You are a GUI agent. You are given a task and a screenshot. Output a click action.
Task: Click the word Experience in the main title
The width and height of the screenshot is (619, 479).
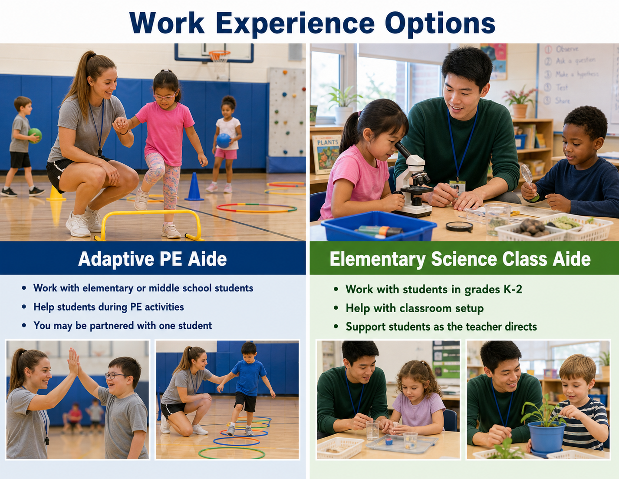pos(295,24)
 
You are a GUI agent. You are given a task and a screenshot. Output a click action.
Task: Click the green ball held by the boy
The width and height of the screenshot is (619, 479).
pos(35,135)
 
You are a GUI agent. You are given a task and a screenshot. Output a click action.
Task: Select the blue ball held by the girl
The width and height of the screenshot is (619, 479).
pos(223,141)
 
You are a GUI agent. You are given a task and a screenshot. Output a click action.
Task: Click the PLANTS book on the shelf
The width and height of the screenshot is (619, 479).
pos(326,154)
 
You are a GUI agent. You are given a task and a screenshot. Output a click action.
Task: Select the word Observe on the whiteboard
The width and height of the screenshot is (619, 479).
pos(567,49)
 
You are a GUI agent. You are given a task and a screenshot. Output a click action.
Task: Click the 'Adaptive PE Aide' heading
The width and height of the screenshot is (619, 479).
pos(152,259)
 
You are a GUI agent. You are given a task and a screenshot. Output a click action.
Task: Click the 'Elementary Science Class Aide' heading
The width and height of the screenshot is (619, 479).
pos(460,259)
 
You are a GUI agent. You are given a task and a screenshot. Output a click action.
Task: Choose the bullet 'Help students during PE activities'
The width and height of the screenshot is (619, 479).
pos(109,307)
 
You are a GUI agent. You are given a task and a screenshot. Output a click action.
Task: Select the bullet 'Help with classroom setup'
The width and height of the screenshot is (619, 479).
pos(415,308)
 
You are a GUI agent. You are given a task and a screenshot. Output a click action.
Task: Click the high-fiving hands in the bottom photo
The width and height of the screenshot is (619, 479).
pos(75,362)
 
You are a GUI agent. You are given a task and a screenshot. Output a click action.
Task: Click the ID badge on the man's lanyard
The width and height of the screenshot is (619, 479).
pos(457,187)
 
